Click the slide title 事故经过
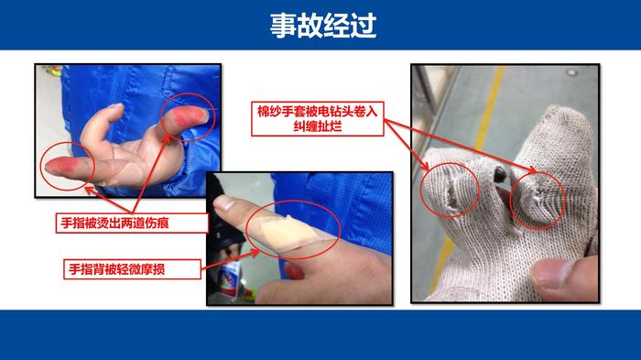tap(323, 26)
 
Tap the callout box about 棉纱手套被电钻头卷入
tap(318, 119)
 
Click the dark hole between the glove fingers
tap(500, 175)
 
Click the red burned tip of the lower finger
tap(61, 167)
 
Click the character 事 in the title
tap(283, 26)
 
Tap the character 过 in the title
tap(363, 26)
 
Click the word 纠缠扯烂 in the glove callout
tap(318, 126)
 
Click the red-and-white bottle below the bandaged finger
tap(231, 279)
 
